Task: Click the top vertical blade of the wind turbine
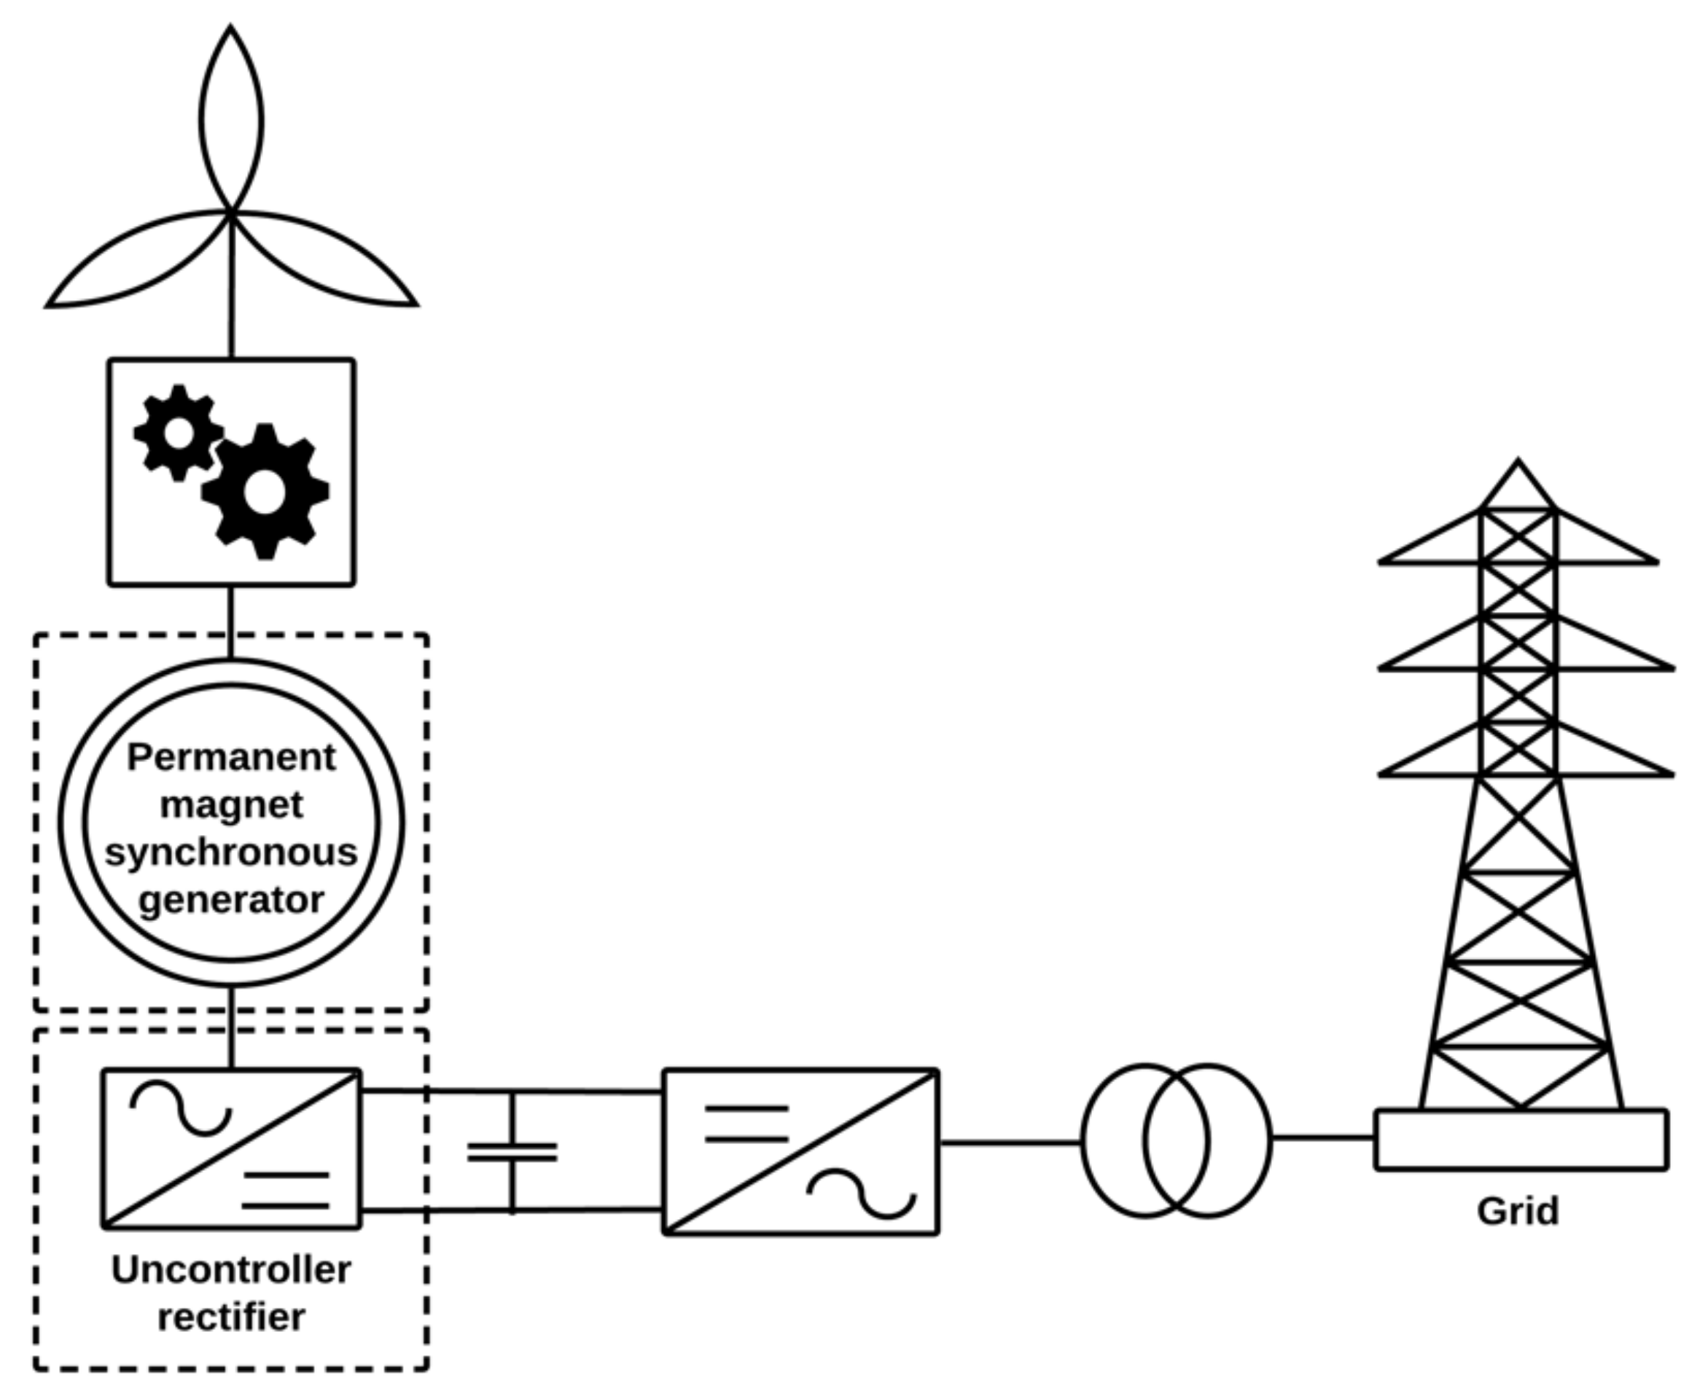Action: coord(231,121)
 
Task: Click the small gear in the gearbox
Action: coord(178,434)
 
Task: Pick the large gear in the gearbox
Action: coord(265,492)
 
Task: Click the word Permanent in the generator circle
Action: coord(231,759)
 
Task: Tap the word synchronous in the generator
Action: coord(231,853)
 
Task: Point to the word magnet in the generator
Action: coord(231,805)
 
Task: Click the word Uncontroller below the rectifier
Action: coord(231,1271)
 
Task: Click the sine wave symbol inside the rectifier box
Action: coord(182,1109)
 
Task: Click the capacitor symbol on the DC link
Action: coord(512,1153)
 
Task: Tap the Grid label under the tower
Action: coord(1518,1211)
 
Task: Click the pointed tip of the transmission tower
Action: coord(1518,467)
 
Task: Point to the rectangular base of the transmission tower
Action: coord(1521,1140)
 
